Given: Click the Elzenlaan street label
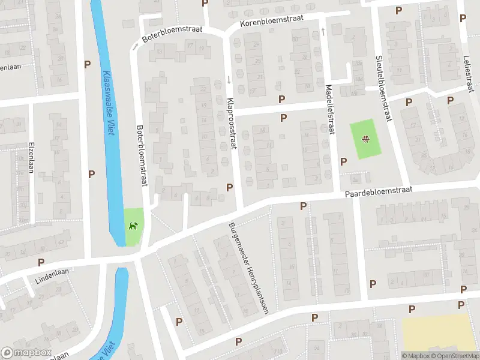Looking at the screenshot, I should click(x=31, y=157).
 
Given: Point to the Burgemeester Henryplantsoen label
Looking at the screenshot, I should click(x=248, y=268).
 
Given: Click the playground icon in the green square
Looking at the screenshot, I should click(x=364, y=140).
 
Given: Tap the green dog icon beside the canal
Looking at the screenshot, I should click(x=133, y=226).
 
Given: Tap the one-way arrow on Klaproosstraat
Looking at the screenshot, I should click(x=229, y=80).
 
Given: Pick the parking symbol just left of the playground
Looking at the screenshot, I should click(x=344, y=161).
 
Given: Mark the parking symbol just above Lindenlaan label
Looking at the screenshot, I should click(x=41, y=262).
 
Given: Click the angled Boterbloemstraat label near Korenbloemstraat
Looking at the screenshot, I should click(x=172, y=35).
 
